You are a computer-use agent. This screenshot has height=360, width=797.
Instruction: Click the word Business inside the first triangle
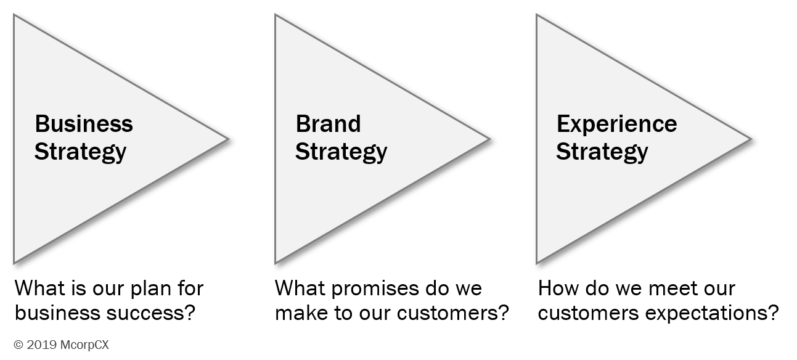pos(84,124)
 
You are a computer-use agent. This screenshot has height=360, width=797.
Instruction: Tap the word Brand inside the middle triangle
pos(329,124)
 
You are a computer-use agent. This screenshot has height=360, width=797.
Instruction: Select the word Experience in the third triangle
pos(616,124)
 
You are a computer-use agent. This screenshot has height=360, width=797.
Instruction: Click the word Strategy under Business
pos(80,152)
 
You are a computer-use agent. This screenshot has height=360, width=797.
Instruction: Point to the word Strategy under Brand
pos(341,152)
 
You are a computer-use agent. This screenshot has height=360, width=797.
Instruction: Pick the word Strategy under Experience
pos(602,152)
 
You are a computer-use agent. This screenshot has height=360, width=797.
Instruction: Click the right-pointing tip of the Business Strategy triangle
pos(227,139)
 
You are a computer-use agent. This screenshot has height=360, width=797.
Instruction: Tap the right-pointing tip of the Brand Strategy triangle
pos(488,139)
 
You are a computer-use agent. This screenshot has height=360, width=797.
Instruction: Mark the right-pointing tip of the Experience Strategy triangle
pos(749,139)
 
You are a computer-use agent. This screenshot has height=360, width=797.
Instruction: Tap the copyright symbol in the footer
pos(18,345)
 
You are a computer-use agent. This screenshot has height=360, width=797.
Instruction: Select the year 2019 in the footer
pos(38,345)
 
